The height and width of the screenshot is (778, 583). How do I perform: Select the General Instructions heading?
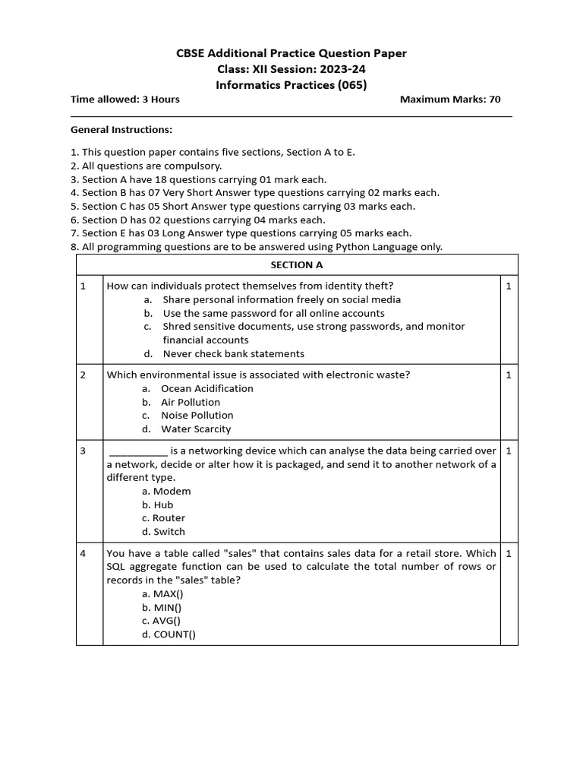tap(121, 130)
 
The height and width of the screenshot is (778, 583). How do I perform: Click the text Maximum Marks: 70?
tap(450, 100)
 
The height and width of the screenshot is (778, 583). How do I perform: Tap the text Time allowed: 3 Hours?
tap(125, 100)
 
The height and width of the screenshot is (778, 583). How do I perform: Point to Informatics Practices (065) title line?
tap(291, 85)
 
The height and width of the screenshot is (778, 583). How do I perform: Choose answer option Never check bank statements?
tap(233, 354)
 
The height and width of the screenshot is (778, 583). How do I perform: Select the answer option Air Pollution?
tap(190, 403)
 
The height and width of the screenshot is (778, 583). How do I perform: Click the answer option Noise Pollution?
tap(197, 416)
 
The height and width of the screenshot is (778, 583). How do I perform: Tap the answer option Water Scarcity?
tap(196, 429)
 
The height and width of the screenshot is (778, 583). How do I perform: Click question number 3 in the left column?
tap(83, 451)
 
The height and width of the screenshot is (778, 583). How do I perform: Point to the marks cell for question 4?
tap(508, 554)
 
